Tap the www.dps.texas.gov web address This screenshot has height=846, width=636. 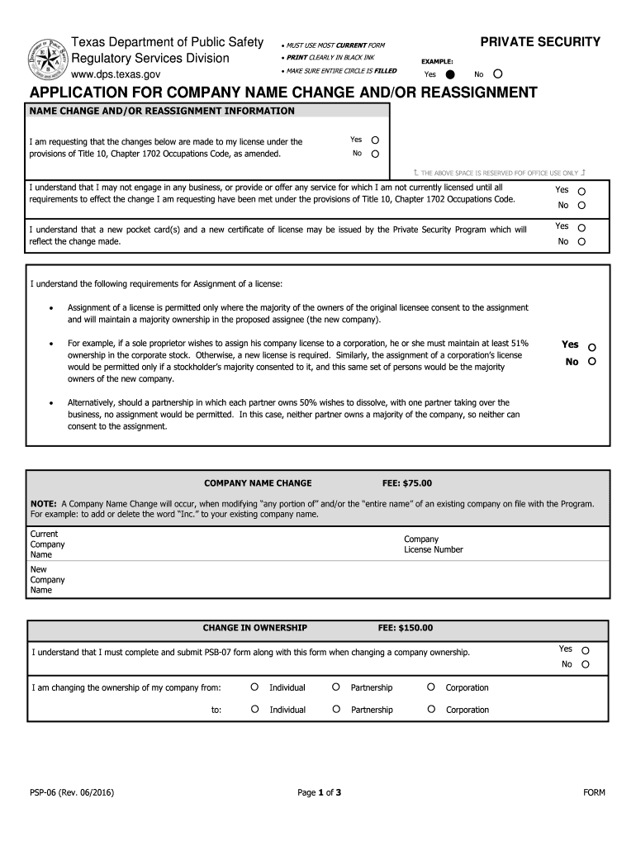click(x=116, y=74)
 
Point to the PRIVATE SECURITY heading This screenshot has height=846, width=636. click(x=540, y=42)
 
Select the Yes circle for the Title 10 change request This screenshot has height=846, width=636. click(x=375, y=140)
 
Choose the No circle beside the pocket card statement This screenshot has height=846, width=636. click(x=581, y=242)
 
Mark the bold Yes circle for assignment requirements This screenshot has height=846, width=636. click(x=591, y=347)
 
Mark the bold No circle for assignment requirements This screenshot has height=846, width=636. click(x=591, y=363)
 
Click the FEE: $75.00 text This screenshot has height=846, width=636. click(x=405, y=483)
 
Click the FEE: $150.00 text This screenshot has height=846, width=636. click(x=405, y=628)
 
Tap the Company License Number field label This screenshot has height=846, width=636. click(x=433, y=544)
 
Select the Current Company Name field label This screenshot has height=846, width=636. click(x=47, y=544)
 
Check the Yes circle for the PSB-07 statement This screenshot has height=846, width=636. click(x=586, y=649)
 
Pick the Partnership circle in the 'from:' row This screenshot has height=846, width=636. click(x=336, y=687)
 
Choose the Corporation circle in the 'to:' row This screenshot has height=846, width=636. click(x=431, y=709)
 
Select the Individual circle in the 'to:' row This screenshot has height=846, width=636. click(x=255, y=709)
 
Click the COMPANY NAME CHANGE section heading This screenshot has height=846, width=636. click(x=258, y=483)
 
